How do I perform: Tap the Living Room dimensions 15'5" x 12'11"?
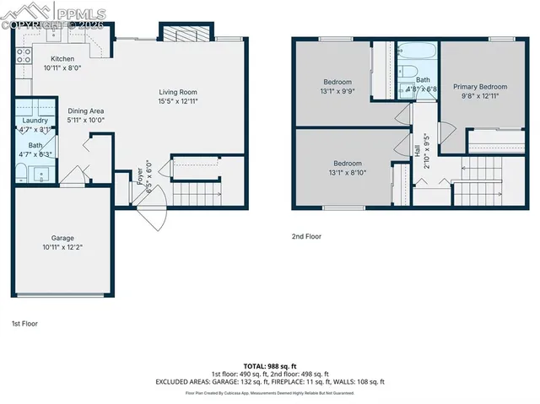(x=178, y=102)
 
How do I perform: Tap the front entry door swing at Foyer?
(x=144, y=218)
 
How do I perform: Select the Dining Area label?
(x=85, y=110)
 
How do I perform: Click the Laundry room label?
(x=35, y=121)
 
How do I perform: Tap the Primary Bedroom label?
(x=480, y=87)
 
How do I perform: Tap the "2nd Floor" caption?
(x=305, y=237)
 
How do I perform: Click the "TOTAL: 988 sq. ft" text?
(x=270, y=365)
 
